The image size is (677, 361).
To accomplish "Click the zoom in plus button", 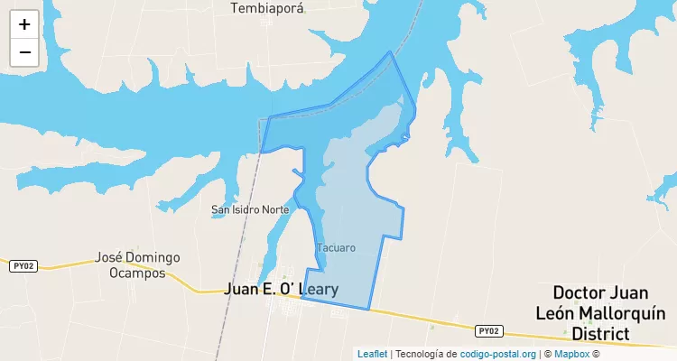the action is coord(24,24).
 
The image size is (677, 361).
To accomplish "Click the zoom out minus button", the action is coord(24,52).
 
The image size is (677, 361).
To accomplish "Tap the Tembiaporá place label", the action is coord(267,8).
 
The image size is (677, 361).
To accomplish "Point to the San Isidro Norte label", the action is coord(250,209).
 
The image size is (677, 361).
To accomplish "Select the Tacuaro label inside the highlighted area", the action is coord(336,247).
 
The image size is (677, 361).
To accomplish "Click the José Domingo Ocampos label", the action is coord(137,264).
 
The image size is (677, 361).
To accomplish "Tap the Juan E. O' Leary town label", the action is coord(281,290).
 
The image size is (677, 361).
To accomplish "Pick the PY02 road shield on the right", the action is coord(488,330).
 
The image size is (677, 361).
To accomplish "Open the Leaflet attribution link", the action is coord(372,354).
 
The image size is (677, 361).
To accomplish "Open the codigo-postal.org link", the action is coord(497,354).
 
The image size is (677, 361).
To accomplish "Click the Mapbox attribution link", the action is coord(571,354).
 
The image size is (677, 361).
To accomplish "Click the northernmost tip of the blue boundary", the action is coord(390,51).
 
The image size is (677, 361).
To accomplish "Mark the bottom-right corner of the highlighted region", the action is coord(369,310).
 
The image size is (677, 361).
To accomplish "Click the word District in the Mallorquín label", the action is coord(600,334).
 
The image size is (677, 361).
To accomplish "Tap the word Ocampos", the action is coord(137,273).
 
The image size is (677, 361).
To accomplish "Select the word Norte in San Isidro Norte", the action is coord(274,209).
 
